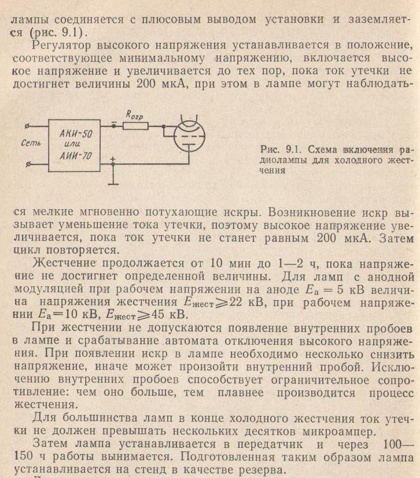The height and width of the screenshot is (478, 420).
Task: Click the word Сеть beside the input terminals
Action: pyautogui.click(x=29, y=142)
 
